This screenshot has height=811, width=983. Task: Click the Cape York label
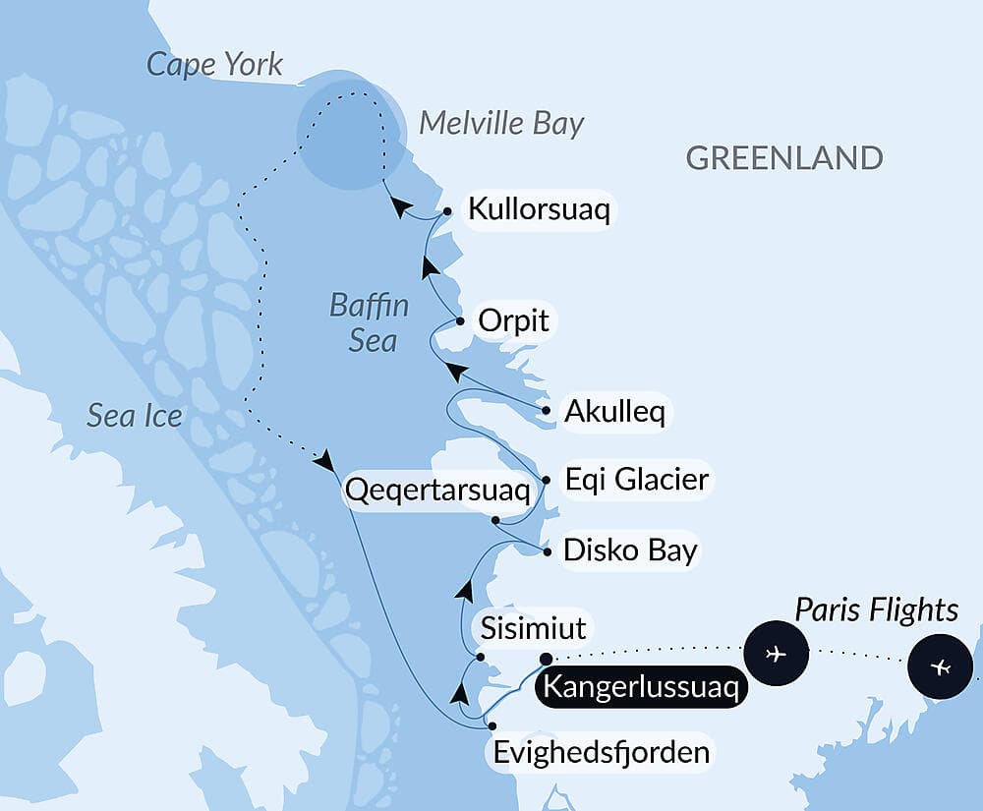[214, 65]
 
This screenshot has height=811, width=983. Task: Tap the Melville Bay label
[501, 123]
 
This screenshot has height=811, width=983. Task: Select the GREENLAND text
[783, 157]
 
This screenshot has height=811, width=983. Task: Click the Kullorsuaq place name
[539, 210]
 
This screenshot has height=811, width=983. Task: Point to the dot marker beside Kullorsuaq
[447, 210]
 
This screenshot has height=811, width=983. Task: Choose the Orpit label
[512, 320]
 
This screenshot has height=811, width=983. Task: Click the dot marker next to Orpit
[459, 320]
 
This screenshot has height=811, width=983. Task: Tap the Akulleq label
[614, 412]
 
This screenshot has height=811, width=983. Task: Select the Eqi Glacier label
[635, 480]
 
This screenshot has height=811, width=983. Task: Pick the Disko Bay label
[629, 550]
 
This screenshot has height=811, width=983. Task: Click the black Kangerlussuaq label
[639, 686]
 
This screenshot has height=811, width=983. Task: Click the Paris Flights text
[876, 609]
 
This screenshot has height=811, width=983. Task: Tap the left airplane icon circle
[776, 653]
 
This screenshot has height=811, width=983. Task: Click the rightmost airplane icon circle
[940, 667]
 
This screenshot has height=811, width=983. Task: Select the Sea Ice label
[135, 416]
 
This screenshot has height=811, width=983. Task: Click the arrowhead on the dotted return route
[326, 459]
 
